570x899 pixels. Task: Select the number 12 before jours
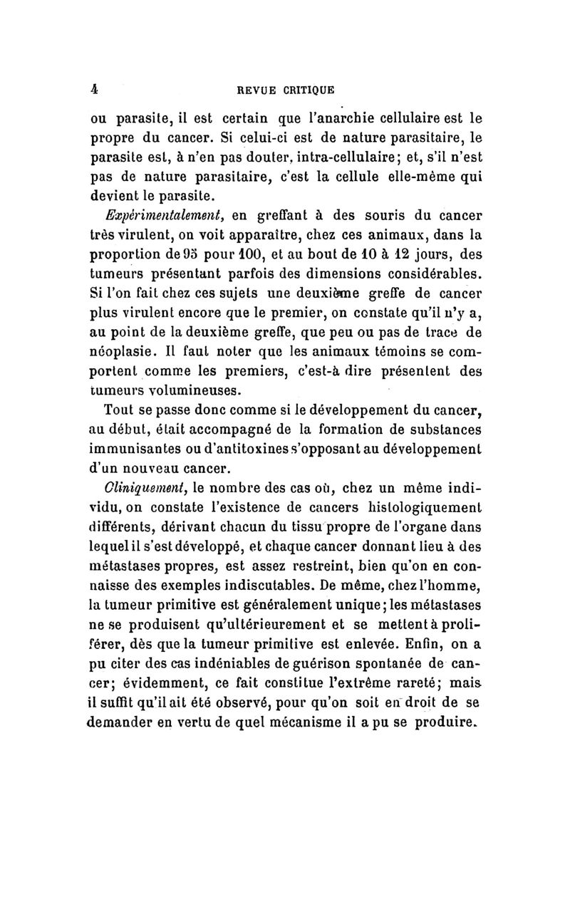coord(385,253)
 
